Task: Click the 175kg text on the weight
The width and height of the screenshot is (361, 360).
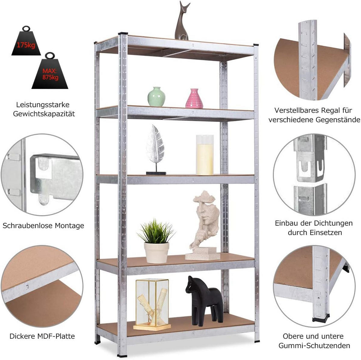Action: click(x=26, y=45)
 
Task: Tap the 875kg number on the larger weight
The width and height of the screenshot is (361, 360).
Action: click(x=50, y=77)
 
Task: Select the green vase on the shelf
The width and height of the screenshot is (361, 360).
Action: click(x=156, y=96)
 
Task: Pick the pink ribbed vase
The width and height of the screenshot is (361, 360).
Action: click(x=194, y=99)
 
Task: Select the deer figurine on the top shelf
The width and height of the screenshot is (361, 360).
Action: click(x=182, y=21)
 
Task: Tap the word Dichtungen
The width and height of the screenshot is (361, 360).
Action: click(x=333, y=223)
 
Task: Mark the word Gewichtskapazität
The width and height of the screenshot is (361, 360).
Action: click(x=44, y=114)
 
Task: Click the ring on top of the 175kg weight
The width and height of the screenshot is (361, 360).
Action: click(x=26, y=29)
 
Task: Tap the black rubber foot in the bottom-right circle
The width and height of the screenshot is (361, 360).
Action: click(x=321, y=317)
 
